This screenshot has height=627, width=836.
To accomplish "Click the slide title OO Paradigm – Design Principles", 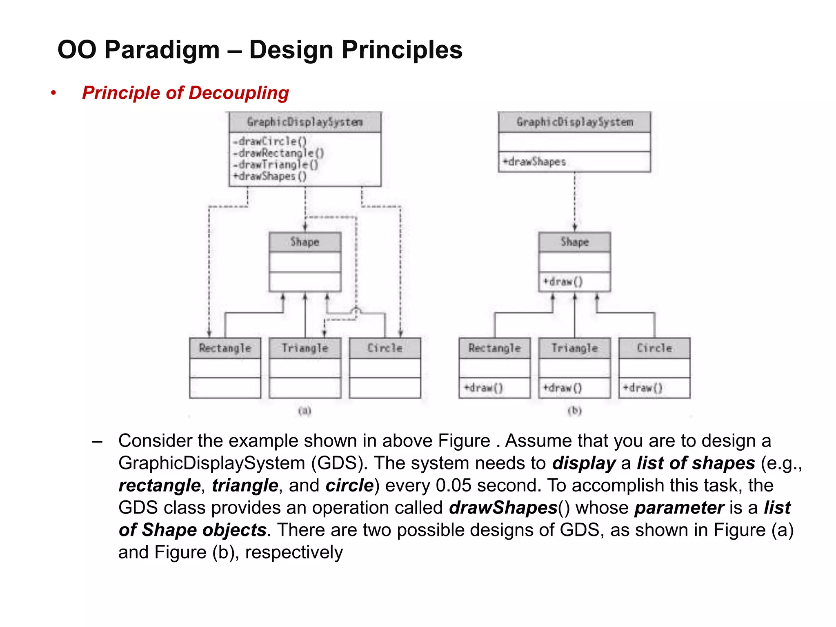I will click(x=260, y=50).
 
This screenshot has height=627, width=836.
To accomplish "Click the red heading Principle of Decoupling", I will click(x=185, y=93).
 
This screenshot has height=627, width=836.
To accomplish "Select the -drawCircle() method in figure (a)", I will click(x=270, y=141).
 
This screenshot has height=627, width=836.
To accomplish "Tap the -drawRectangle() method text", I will click(x=279, y=153).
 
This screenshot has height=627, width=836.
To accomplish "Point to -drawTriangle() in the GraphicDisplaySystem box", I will click(x=276, y=165).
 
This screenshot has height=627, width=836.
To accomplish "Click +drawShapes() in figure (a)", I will click(x=270, y=176).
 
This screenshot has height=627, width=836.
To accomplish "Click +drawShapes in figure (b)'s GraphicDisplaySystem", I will click(x=534, y=162).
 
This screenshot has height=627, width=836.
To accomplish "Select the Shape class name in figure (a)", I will click(x=305, y=242).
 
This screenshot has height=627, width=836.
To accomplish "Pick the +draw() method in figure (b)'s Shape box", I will click(x=563, y=282).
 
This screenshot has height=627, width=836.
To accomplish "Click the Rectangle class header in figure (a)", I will click(x=225, y=348).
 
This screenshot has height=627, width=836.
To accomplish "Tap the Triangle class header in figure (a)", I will click(x=305, y=348).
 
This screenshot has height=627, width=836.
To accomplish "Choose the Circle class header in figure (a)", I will click(x=385, y=348).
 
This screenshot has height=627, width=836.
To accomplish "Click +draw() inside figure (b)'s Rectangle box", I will click(x=483, y=387).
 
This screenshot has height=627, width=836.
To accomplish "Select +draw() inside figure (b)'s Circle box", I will click(x=643, y=387).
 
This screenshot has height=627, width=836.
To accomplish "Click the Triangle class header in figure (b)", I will click(x=574, y=348).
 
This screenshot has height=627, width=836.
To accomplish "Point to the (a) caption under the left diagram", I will click(x=305, y=410).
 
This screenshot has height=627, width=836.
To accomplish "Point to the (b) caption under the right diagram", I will click(x=574, y=410).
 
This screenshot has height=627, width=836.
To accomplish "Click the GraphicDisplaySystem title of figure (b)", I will click(x=574, y=122).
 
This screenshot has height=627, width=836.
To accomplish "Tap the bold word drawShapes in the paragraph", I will click(x=503, y=507).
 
